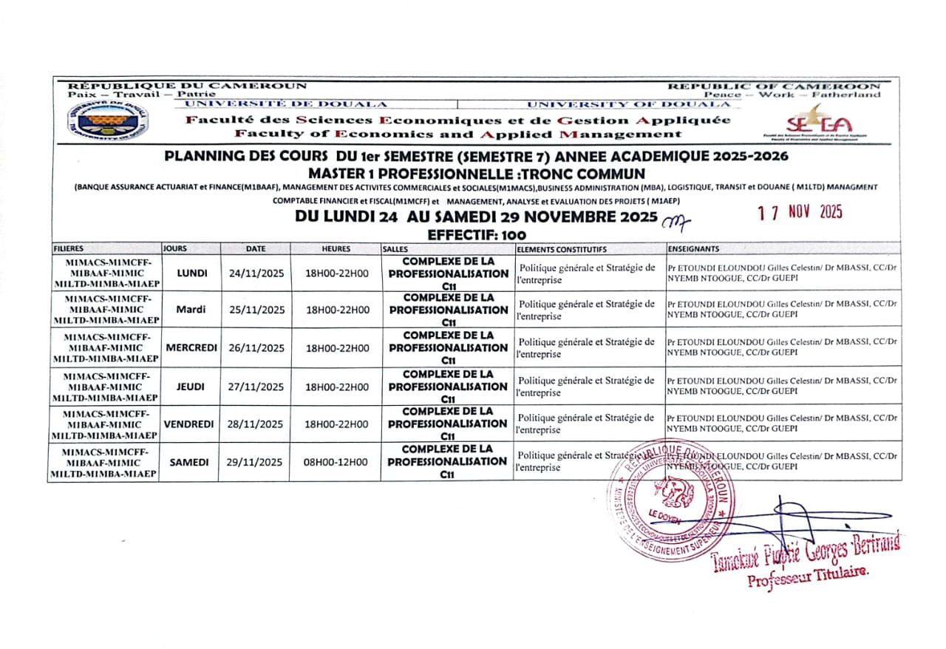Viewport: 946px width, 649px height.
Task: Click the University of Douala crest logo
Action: [107, 120]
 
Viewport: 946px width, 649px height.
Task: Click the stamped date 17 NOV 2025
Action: [800, 212]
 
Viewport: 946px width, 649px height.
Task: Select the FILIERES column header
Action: [69, 249]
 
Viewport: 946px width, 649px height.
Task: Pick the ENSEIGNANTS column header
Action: [693, 249]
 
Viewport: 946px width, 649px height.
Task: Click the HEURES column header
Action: [336, 249]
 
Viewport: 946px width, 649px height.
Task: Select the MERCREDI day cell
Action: [190, 348]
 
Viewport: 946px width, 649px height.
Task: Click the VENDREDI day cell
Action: [189, 424]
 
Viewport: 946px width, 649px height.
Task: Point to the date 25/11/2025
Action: [256, 310]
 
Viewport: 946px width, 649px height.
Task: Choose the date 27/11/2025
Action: [256, 387]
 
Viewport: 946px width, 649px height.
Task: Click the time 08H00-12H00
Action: [336, 463]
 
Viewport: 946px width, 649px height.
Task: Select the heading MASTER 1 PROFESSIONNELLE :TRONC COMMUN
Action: [477, 172]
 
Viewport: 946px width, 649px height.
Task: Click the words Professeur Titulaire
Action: [808, 576]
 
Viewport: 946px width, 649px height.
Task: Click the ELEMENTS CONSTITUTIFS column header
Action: [562, 249]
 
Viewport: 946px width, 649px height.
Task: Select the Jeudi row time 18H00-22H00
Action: [336, 387]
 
